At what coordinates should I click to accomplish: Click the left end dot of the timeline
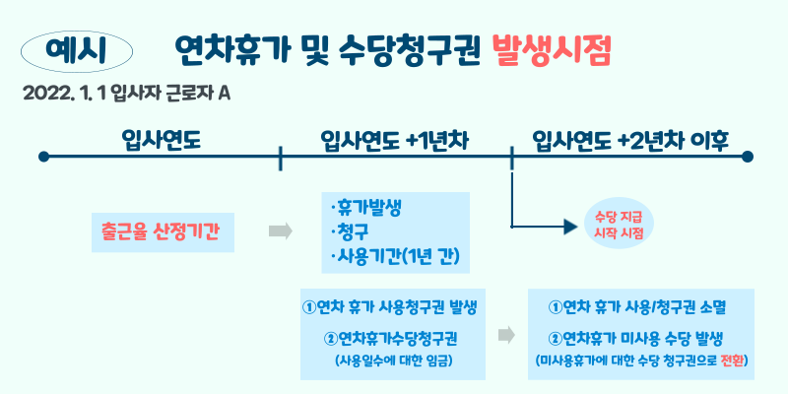tap(43, 156)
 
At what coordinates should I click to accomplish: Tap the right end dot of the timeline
tap(748, 156)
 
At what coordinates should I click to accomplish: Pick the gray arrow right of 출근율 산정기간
tap(281, 230)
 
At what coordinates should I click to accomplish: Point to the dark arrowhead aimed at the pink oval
tap(567, 225)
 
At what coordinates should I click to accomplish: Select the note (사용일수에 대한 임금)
tap(393, 360)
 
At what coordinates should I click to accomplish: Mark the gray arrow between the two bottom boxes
tap(506, 335)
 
